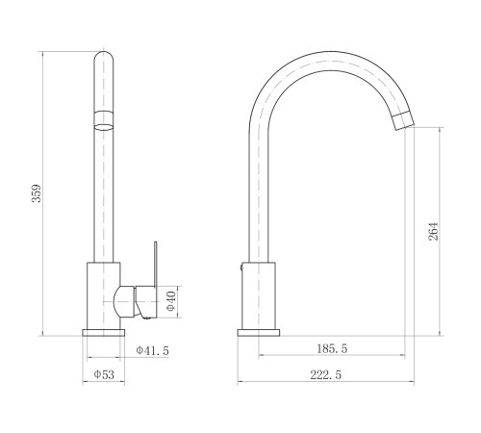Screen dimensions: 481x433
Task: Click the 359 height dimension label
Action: point(38,193)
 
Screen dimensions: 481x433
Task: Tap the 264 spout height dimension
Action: point(433,231)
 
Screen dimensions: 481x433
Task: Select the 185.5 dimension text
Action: point(332,348)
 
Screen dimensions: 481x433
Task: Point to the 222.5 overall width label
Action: point(326,374)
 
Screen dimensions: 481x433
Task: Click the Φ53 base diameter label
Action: point(104,374)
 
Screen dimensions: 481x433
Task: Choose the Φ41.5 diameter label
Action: point(152,350)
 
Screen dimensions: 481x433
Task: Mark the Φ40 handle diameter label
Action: point(171,301)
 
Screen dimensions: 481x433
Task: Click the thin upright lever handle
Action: point(156,264)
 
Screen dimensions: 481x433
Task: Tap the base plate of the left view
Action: point(104,333)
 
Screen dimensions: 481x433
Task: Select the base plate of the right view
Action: point(259,333)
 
